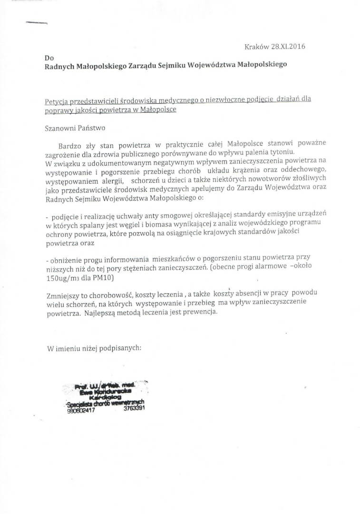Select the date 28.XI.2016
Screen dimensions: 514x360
click(288, 47)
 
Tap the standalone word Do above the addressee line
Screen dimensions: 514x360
click(49, 58)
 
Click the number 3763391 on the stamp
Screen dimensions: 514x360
click(134, 408)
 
